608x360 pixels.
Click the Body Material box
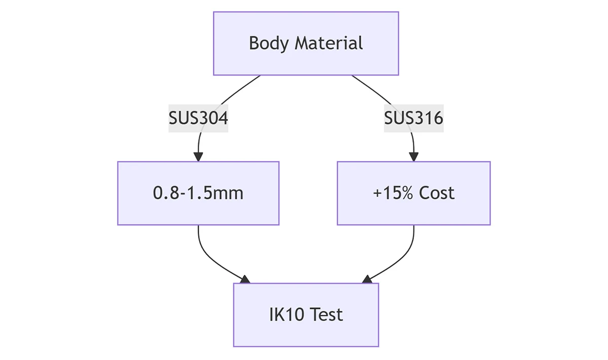[x=306, y=44]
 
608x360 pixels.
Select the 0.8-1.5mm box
[x=198, y=193]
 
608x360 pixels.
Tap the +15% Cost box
[x=413, y=193]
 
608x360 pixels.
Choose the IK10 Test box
[x=306, y=315]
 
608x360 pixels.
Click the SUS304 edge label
[x=198, y=118]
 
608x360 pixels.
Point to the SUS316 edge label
[x=413, y=118]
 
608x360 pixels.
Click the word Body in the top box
[x=269, y=44]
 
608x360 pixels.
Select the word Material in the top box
[x=329, y=43]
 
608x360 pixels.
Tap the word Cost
[x=436, y=193]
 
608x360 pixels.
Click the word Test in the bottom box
[x=326, y=315]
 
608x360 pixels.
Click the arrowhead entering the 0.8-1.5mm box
[x=198, y=157]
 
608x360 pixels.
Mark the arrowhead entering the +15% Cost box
[x=413, y=157]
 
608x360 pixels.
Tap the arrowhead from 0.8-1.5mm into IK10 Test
[x=245, y=279]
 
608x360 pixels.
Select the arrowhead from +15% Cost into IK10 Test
[x=367, y=279]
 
